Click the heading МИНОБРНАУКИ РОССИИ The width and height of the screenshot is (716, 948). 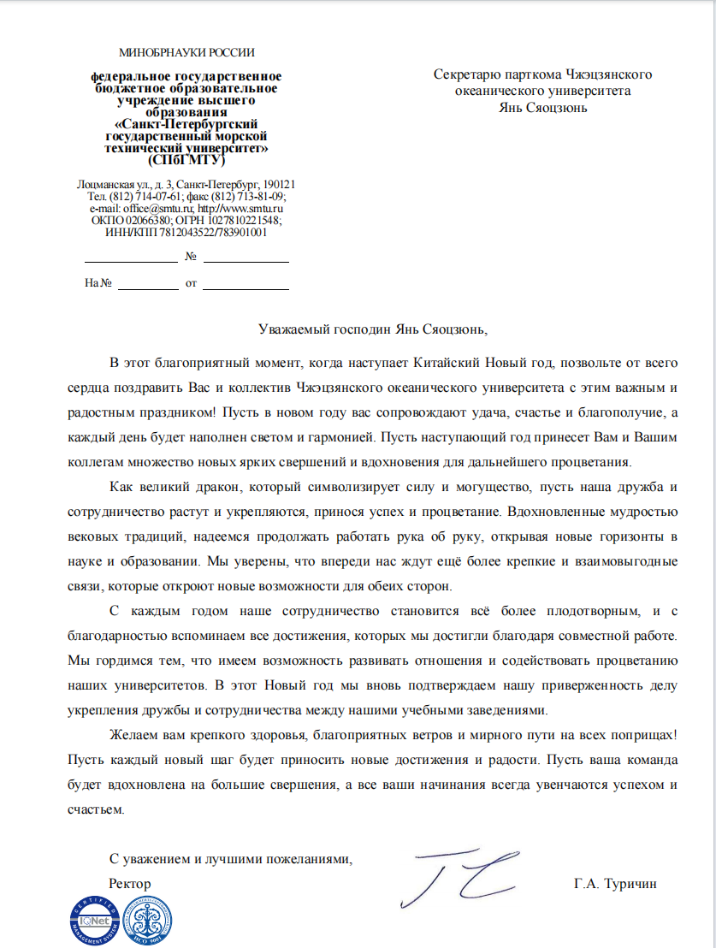[x=186, y=53]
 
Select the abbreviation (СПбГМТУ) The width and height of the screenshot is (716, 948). [x=186, y=159]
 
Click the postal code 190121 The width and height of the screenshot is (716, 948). [x=278, y=185]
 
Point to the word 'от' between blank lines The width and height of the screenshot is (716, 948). [x=191, y=283]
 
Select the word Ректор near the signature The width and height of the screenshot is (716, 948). [x=130, y=883]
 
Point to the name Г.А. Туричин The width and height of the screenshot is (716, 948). [x=616, y=883]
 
